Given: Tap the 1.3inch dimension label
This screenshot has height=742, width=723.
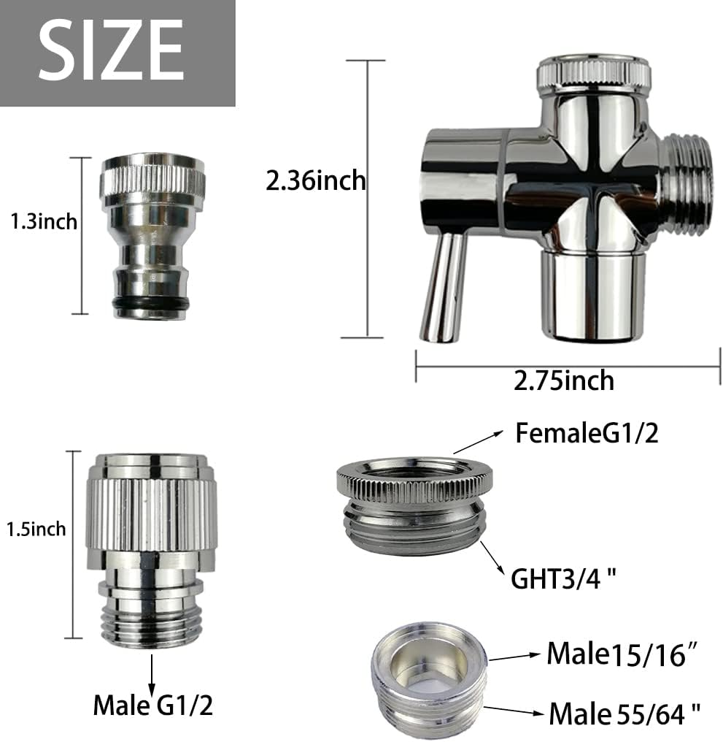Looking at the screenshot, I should coord(43,221).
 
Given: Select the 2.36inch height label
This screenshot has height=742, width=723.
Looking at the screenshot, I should coord(315,180).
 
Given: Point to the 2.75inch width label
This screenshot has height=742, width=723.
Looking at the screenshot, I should coord(563,380).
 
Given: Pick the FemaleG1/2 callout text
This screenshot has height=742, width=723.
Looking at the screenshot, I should coord(587,434).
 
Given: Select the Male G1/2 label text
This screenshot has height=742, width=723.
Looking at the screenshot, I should coord(152,705).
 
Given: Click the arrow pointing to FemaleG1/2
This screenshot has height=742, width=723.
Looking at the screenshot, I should coord(477,443).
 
